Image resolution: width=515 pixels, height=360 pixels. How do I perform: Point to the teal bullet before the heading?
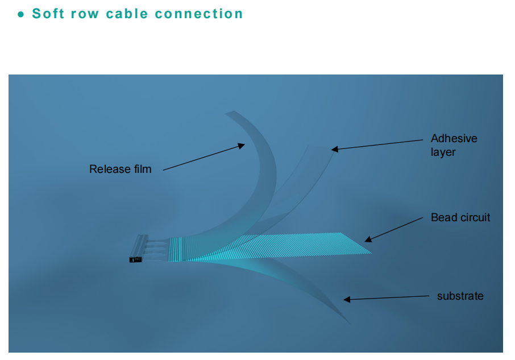click(20, 15)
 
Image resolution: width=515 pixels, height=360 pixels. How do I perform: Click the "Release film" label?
click(121, 169)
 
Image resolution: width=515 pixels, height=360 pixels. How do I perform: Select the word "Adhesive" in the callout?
click(454, 138)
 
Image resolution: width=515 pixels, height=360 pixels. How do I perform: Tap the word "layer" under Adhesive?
click(443, 152)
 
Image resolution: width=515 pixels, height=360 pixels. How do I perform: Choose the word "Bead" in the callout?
click(443, 217)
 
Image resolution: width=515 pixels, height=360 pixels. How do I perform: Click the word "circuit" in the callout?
click(474, 217)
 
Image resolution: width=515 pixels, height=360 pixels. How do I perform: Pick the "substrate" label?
click(460, 296)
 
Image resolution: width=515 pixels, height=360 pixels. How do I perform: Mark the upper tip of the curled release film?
click(229, 113)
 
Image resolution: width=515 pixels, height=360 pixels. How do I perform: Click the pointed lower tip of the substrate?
click(351, 325)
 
